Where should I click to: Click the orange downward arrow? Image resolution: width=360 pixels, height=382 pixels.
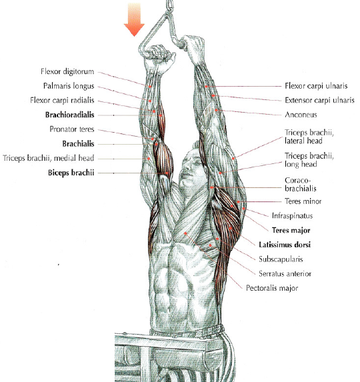134,19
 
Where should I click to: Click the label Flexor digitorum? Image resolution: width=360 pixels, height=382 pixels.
67,71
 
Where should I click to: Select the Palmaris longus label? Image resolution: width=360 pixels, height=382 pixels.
69,86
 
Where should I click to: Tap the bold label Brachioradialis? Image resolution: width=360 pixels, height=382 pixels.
69,115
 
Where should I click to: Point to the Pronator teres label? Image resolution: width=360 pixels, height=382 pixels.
72,129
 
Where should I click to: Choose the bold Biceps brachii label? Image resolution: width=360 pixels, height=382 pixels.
71,173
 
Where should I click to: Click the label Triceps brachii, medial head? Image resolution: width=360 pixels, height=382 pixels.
48,158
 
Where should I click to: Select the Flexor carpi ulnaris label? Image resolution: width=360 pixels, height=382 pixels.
316,86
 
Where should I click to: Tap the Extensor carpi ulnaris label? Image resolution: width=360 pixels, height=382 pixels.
319,100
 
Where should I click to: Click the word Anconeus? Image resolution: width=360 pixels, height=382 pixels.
301,115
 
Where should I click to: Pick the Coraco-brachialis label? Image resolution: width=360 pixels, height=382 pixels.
300,185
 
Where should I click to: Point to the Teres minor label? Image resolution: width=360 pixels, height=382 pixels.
303,201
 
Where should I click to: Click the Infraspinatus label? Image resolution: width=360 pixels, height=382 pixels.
292,215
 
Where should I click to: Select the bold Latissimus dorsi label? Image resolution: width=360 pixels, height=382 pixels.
285,245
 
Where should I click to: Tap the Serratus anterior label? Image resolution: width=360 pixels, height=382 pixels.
285,273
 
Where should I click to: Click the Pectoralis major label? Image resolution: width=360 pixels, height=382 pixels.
272,288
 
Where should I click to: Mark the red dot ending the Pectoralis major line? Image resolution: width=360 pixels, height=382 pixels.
185,233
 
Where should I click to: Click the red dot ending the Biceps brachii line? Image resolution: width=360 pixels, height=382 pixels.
167,173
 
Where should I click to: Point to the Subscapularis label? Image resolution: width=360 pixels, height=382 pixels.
281,259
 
